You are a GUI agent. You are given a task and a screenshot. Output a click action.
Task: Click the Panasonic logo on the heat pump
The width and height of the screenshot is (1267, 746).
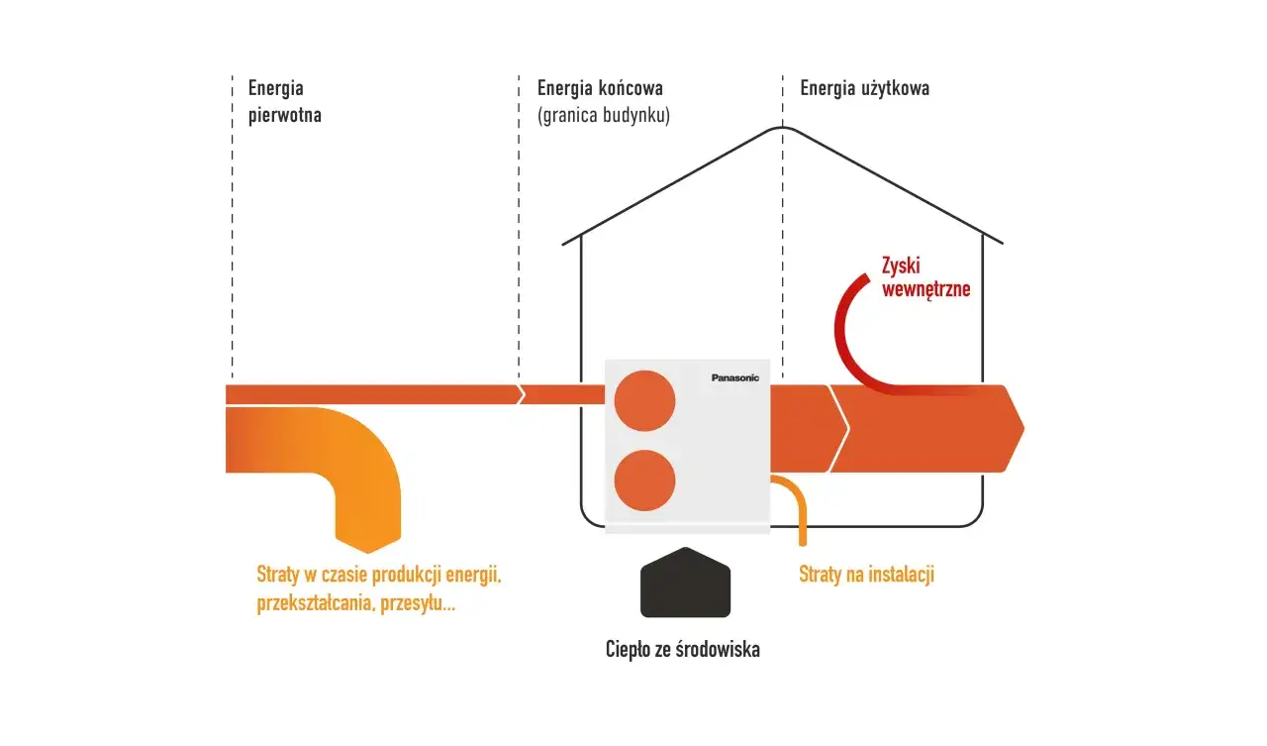734,377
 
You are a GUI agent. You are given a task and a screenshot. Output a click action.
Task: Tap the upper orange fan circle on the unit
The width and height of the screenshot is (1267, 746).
644,400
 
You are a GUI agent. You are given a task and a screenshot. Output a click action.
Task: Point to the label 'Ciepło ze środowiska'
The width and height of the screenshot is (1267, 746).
682,650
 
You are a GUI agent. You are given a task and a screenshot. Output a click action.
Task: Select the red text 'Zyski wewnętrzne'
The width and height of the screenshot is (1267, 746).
925,277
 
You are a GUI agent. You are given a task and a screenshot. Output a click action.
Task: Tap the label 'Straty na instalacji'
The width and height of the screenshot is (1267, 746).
866,575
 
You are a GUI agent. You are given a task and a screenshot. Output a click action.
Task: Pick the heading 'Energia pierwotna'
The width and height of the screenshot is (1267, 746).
284,101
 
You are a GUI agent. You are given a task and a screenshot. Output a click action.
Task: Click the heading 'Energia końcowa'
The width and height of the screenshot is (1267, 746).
600,88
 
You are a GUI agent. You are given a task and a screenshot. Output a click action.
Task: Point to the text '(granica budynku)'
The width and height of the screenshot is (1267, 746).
603,115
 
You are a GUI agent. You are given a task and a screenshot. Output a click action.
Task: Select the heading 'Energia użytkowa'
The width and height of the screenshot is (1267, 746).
864,88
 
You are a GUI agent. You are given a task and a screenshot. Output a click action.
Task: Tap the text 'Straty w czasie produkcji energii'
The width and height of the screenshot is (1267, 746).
386,575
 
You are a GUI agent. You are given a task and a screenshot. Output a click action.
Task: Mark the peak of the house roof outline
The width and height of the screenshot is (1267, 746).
782,128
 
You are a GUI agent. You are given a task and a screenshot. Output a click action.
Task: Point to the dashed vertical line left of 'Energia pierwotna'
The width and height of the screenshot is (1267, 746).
233,228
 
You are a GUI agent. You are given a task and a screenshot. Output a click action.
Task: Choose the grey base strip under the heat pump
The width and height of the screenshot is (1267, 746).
687,529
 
